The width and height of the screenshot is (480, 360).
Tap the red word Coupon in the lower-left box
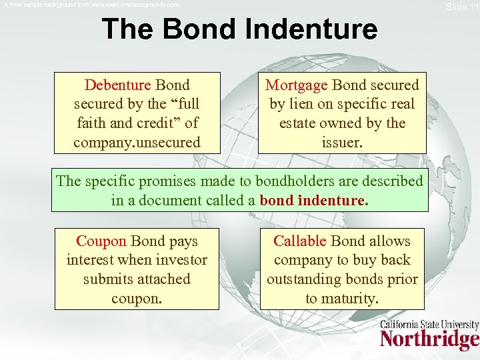click(x=101, y=241)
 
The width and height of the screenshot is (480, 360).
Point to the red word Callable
click(x=300, y=241)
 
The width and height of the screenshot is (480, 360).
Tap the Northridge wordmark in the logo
click(x=429, y=340)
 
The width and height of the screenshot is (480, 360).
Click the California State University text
click(x=429, y=325)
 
